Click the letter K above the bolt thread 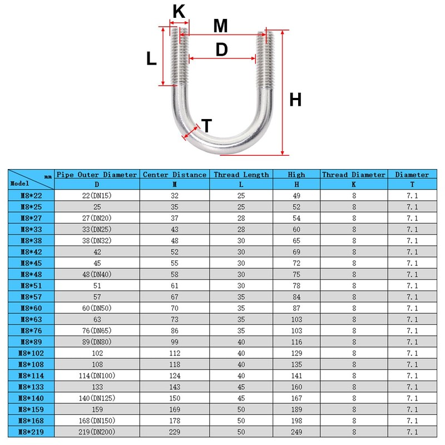179,11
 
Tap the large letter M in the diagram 221,26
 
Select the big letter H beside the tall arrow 295,100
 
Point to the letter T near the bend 207,126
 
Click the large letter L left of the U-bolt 151,58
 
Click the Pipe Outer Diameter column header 97,175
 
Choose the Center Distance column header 174,175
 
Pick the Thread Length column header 241,175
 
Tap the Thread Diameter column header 354,175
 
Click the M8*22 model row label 31,196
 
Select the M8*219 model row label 31,432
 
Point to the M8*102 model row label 31,353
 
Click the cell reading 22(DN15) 97,196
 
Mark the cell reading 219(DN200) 97,432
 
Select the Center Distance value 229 174,432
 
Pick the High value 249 296,432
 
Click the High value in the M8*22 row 296,196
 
